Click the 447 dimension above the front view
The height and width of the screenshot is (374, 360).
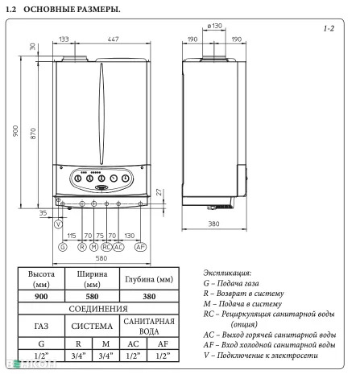click(113, 39)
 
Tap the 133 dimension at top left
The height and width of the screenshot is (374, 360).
click(64, 39)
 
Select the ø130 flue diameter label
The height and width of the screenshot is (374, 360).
click(214, 26)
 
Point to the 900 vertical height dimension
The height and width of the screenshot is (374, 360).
click(15, 131)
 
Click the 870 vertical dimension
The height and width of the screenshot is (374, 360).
click(33, 134)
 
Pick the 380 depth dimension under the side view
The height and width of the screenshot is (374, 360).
click(213, 224)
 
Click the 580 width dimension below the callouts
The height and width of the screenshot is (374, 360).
click(101, 258)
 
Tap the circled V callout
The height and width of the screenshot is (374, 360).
click(58, 224)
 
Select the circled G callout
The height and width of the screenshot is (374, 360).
click(63, 247)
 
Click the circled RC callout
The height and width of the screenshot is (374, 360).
click(106, 247)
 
